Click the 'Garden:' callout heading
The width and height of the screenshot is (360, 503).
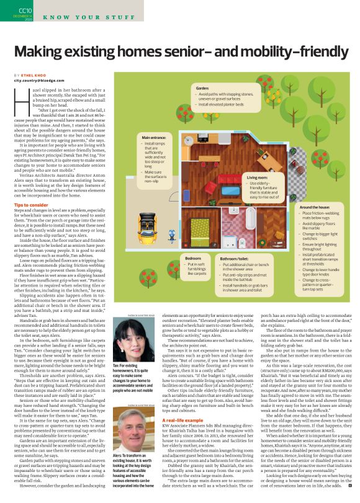coord(202,89)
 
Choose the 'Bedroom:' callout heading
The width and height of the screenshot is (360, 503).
coord(194,257)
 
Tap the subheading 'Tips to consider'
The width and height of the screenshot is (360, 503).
coord(32,204)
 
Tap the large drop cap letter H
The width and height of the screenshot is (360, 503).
coord(19,94)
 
